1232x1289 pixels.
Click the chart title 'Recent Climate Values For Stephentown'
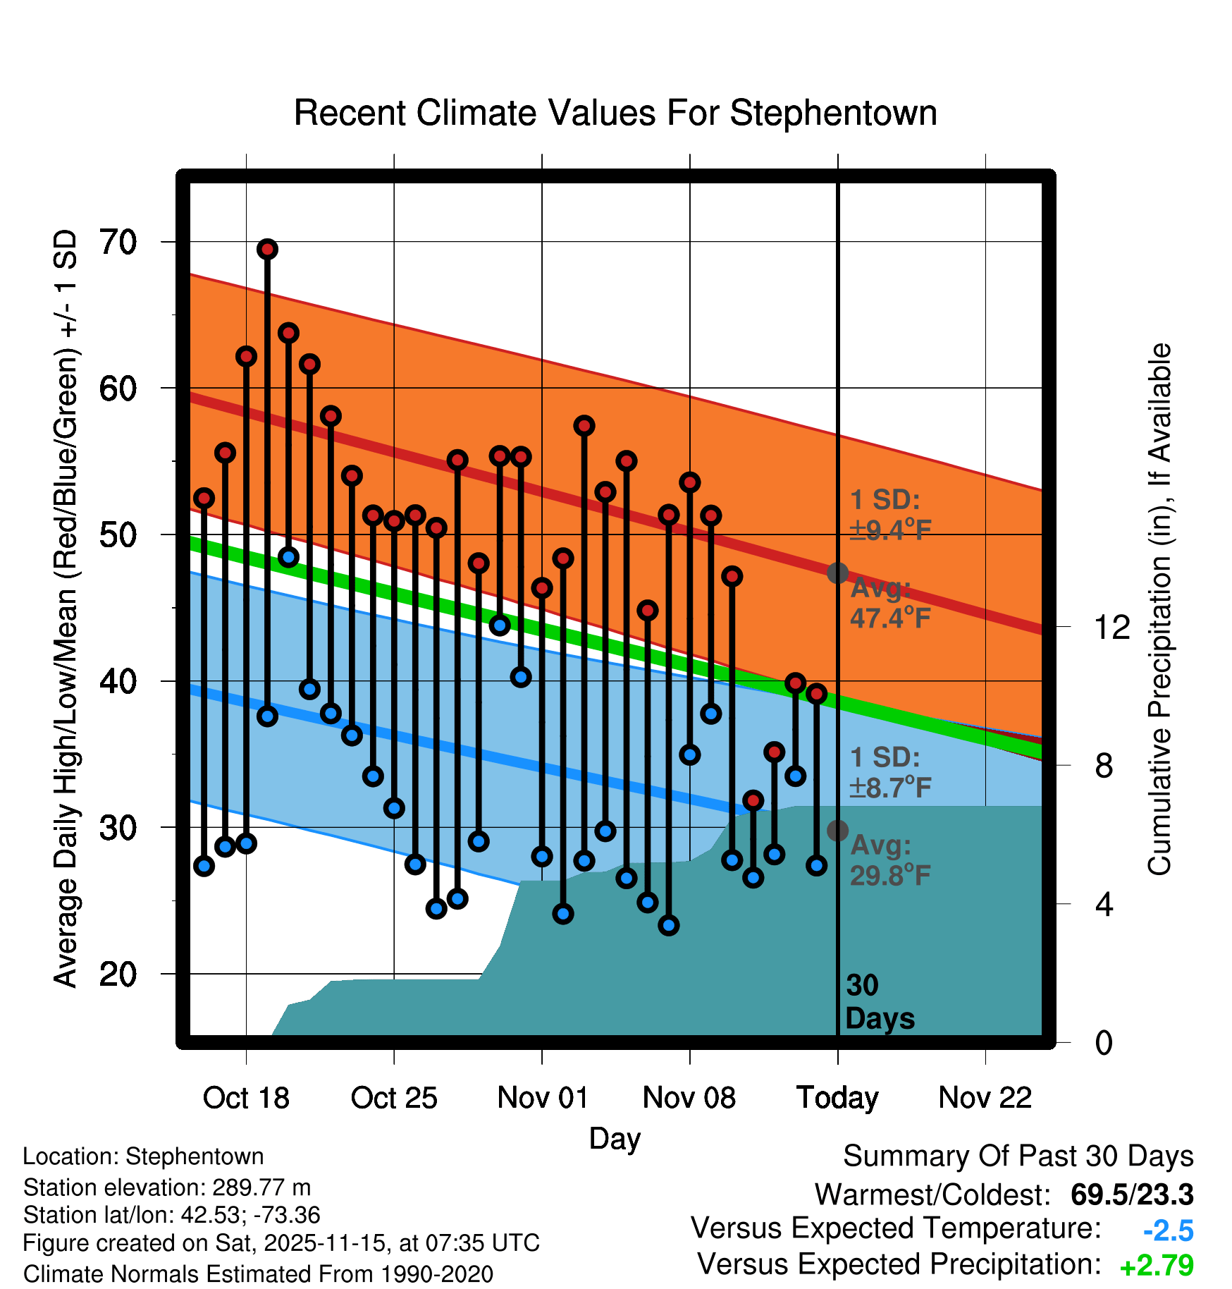615,113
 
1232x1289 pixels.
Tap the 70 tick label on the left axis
118,243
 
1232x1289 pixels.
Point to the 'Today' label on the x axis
837,1098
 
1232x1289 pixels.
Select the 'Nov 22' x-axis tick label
985,1098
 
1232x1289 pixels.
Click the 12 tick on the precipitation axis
1111,627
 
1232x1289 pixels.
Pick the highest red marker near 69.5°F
267,249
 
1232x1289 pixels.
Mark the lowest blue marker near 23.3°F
669,925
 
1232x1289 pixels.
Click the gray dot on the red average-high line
837,573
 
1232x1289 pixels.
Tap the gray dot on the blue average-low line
837,831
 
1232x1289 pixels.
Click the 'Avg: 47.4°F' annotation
889,603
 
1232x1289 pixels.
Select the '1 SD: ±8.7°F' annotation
889,772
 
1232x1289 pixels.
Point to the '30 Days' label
879,1002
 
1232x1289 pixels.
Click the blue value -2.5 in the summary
1168,1230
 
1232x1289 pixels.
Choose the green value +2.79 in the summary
1157,1266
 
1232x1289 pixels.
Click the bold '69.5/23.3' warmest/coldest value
1132,1195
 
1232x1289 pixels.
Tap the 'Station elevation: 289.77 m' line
167,1187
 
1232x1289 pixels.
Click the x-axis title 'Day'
615,1138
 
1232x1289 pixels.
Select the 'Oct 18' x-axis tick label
246,1098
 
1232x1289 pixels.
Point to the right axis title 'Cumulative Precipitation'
1159,610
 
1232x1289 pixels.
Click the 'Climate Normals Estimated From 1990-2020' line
258,1274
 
